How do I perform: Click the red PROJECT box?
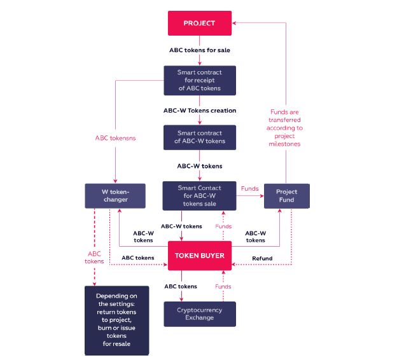click(200, 23)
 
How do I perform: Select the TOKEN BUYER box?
click(200, 257)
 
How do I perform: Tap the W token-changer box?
click(115, 196)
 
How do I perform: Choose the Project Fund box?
click(286, 196)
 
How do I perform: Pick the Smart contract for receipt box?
click(200, 81)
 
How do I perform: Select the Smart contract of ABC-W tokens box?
click(200, 137)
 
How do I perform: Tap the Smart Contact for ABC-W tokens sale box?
click(200, 196)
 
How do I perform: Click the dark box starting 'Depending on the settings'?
click(116, 320)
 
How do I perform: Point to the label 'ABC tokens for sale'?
click(200, 49)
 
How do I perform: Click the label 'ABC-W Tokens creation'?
click(200, 110)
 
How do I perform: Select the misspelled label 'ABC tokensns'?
click(115, 137)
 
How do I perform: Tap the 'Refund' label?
click(262, 258)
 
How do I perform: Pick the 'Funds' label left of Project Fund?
click(249, 188)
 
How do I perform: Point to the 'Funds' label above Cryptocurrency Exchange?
click(223, 287)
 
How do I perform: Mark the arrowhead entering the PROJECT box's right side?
click(235, 23)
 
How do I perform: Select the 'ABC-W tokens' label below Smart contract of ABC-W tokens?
click(200, 166)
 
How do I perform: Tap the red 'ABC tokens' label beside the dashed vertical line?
click(94, 257)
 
